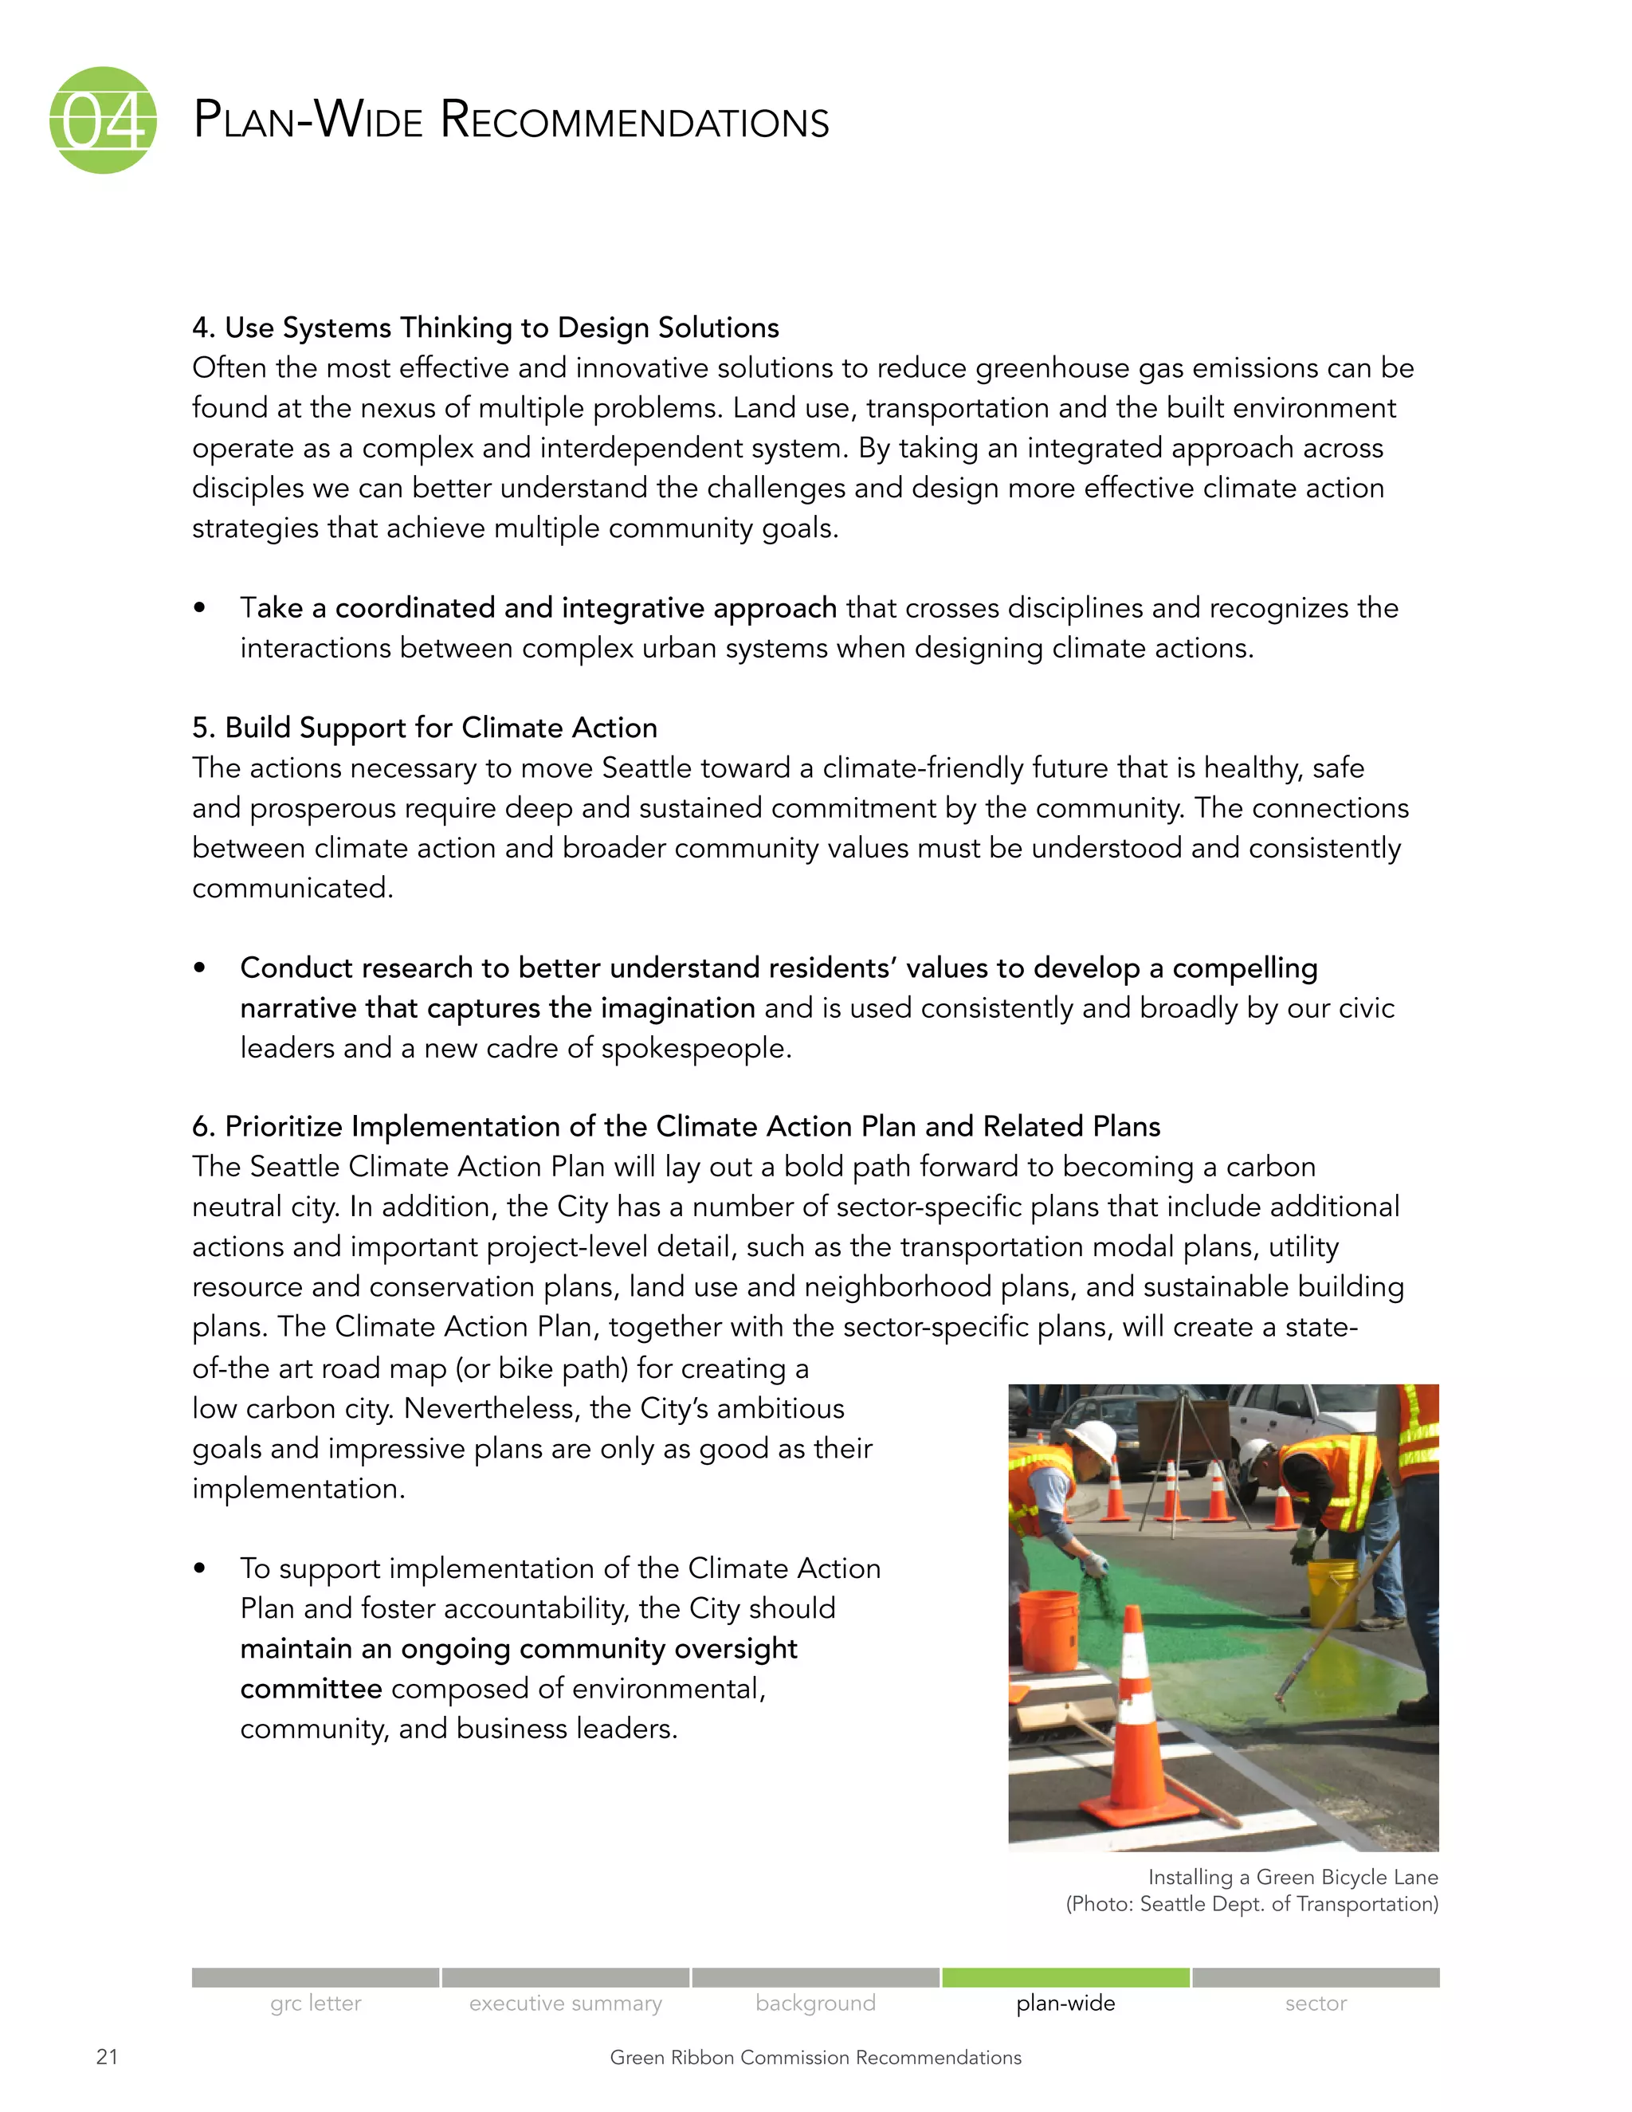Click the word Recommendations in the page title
click(x=634, y=122)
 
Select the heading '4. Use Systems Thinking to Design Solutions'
click(x=485, y=328)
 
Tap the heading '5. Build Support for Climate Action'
click(x=425, y=727)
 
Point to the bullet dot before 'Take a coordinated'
click(x=199, y=608)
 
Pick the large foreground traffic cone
click(x=1136, y=1731)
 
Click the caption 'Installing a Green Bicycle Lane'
click(x=1293, y=1877)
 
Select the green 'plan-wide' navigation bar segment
click(x=1065, y=1977)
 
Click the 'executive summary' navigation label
click(x=566, y=2004)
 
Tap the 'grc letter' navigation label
click(x=316, y=2004)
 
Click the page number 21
click(x=108, y=2057)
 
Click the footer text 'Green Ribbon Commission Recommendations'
click(x=815, y=2058)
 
